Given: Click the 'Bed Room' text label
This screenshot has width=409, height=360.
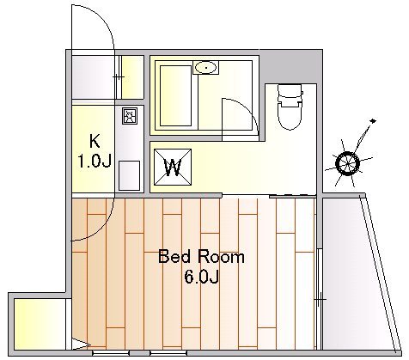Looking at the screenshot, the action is click(x=201, y=257).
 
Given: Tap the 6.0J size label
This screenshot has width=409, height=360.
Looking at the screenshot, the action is click(x=202, y=277).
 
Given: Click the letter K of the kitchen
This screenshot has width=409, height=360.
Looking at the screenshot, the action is click(x=95, y=141).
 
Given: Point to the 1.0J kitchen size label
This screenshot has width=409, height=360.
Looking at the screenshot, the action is click(x=95, y=161).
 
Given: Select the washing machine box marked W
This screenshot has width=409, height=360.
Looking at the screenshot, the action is click(x=173, y=167).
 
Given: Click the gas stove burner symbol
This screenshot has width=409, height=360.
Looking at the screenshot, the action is click(x=130, y=116).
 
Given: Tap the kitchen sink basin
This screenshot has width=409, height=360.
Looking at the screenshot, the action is click(x=129, y=175).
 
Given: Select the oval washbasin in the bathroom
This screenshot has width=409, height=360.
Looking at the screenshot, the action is click(x=205, y=68).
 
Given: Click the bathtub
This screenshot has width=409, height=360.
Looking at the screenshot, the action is click(x=175, y=95).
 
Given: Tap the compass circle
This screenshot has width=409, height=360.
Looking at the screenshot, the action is click(x=347, y=163).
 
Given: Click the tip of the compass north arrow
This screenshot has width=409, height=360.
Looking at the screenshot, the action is click(x=373, y=120).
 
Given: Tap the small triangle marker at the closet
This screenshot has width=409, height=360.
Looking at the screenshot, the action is click(x=81, y=345).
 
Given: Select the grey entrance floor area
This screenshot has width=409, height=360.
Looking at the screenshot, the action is click(x=93, y=77).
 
